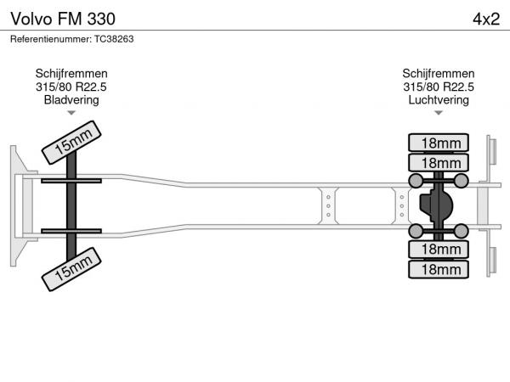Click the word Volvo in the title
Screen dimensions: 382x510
30,19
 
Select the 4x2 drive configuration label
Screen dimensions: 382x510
485,19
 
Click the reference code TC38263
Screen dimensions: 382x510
114,39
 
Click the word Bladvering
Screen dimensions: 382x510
71,99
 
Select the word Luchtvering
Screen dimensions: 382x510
439,99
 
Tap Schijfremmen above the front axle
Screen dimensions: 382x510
71,74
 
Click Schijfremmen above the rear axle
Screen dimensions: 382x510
439,74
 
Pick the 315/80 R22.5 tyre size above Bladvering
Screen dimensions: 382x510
71,87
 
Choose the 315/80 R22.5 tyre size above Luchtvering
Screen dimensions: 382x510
439,87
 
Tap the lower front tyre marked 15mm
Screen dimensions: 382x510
72,271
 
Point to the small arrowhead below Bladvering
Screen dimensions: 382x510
71,112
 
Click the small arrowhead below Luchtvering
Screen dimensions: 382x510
439,112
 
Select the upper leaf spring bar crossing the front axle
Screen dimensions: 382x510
72,182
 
